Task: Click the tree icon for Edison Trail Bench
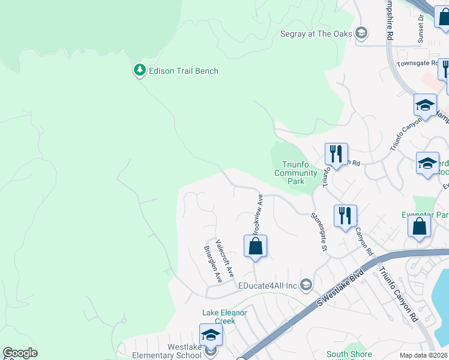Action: (x=140, y=71)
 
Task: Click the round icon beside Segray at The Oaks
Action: (x=362, y=34)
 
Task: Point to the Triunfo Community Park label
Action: (x=295, y=173)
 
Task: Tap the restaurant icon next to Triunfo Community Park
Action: (x=336, y=154)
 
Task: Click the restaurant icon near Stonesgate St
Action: (x=345, y=215)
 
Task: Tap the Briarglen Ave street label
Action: (x=213, y=264)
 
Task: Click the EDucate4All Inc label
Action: (x=268, y=286)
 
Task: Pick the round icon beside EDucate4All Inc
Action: (x=306, y=284)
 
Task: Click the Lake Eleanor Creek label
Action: (x=224, y=317)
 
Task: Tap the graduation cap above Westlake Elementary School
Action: (x=211, y=334)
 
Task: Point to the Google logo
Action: (x=20, y=353)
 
